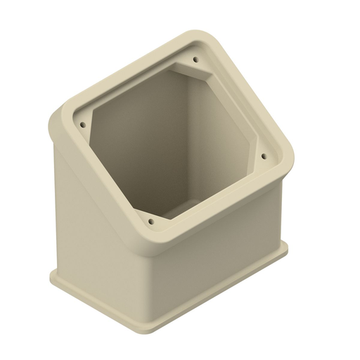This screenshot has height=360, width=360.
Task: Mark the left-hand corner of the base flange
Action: click(53, 275)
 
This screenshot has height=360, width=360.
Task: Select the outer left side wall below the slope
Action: click(98, 232)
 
